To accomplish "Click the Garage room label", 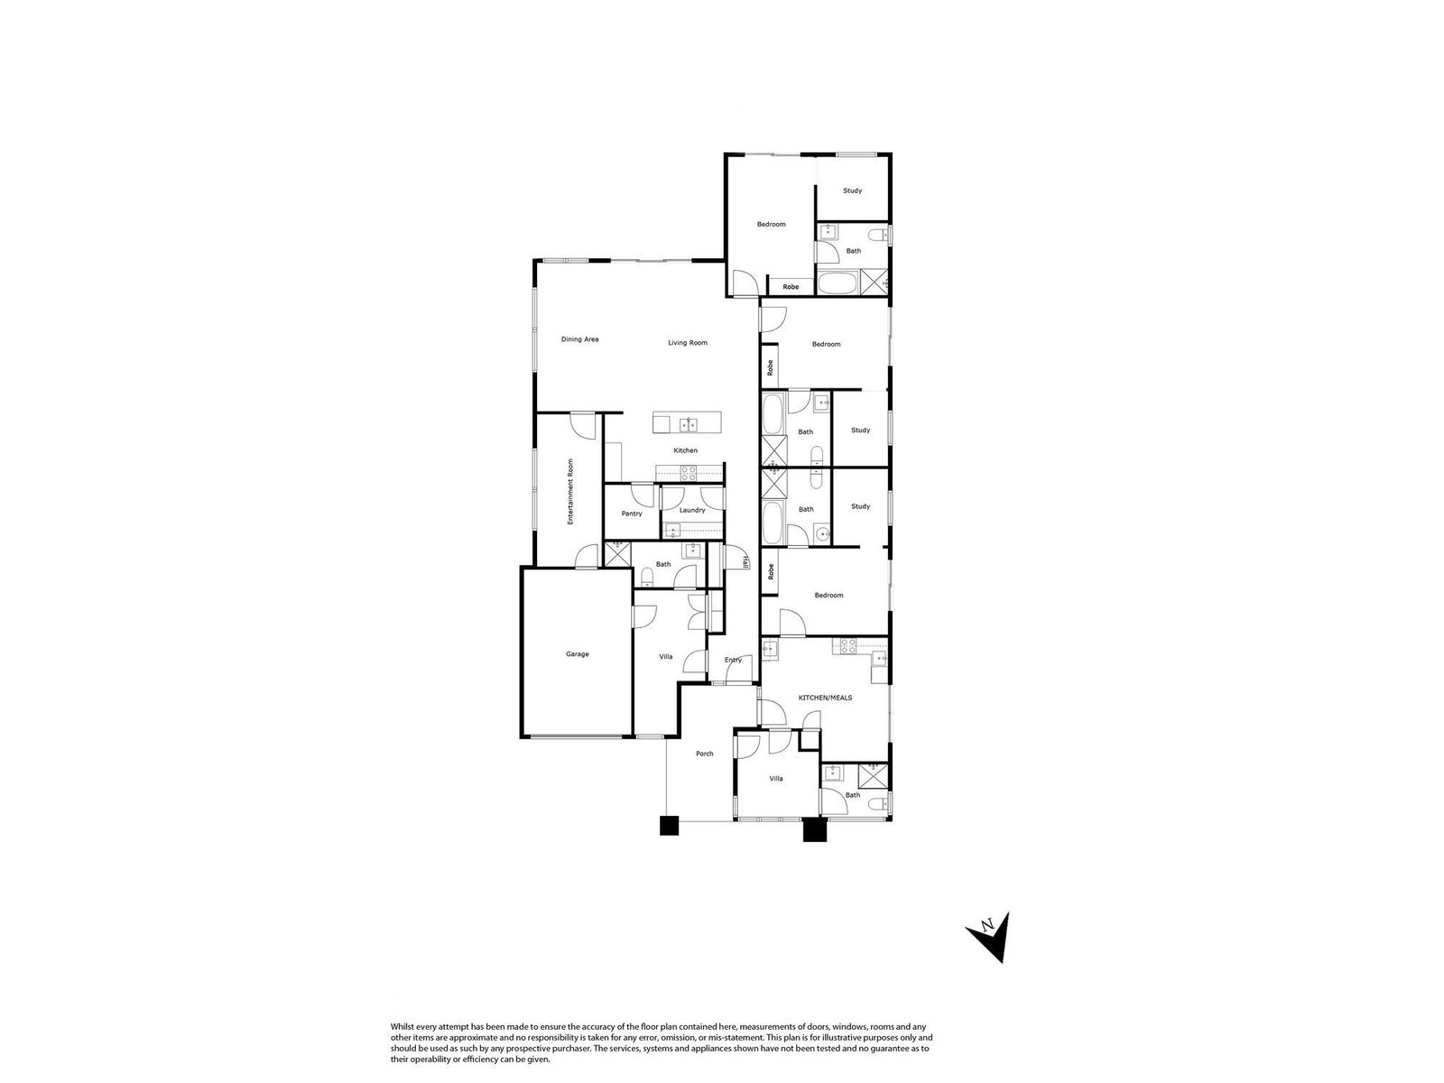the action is click(577, 654).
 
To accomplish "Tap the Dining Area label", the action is click(579, 339).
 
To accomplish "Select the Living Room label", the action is click(688, 343).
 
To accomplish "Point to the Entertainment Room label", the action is click(570, 491).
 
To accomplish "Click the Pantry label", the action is click(632, 514).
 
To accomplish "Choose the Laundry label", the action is click(692, 510).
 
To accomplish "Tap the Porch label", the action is click(705, 754).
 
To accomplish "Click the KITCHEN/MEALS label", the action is click(825, 698).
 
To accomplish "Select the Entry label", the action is click(733, 660).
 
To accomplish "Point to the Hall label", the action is click(745, 562).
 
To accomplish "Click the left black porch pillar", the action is click(669, 825).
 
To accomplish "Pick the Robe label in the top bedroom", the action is click(791, 287).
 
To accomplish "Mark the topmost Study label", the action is click(852, 190).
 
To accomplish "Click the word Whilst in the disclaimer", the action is click(402, 1027).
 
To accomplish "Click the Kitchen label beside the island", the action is click(686, 450).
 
